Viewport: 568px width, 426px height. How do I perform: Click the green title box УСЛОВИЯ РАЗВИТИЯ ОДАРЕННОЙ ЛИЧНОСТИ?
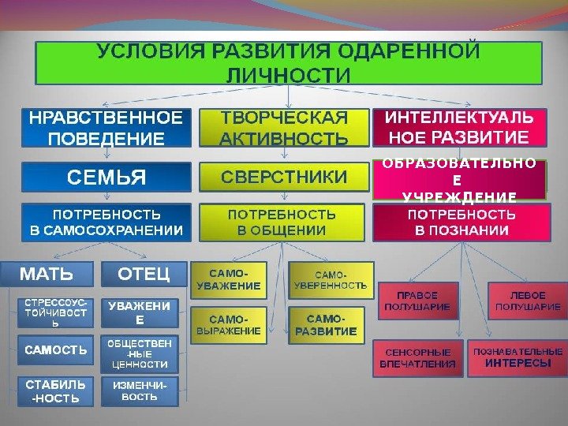(x=288, y=63)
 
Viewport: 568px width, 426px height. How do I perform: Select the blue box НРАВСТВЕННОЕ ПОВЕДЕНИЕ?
(x=106, y=129)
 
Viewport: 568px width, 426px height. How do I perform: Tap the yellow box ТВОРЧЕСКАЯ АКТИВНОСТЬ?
(x=284, y=129)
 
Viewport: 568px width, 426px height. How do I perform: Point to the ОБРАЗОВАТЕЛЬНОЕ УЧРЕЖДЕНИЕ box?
(x=458, y=181)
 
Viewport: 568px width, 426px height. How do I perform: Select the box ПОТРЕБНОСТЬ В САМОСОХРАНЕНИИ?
(x=106, y=222)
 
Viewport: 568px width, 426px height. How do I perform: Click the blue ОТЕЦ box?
(x=144, y=274)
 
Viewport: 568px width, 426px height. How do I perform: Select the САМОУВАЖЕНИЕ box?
(x=230, y=278)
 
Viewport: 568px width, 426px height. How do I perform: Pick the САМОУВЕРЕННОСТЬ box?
(x=331, y=278)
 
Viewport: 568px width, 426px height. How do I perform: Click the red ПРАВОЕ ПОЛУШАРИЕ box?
(x=417, y=300)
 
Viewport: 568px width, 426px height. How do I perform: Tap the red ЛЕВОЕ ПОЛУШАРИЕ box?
(x=528, y=300)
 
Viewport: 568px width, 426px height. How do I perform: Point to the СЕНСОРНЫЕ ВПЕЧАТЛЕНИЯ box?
(x=417, y=358)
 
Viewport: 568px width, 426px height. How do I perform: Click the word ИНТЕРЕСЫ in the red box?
(x=518, y=364)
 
